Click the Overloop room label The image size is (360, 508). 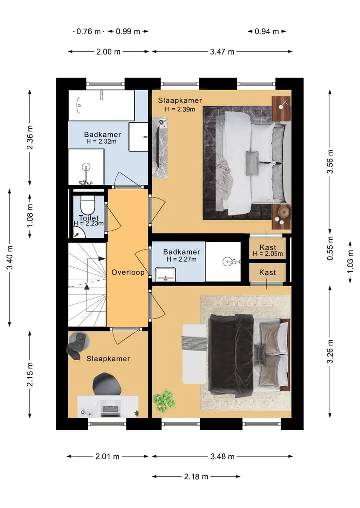pos(128,272)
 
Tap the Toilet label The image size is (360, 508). pos(89,218)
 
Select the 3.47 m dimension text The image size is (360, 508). pos(222,52)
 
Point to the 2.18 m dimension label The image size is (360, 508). pos(196,476)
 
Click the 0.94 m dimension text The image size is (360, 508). pos(267,32)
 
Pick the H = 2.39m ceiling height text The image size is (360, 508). pos(180,109)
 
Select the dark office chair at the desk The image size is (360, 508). pos(107,384)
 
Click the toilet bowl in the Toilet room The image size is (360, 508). pos(87,204)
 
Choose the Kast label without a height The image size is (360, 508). pos(268,272)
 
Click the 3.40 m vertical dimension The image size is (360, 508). pos(10,258)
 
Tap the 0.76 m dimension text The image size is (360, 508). pos(89,32)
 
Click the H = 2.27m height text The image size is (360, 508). pos(181,259)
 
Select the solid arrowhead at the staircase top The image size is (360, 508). pos(102,259)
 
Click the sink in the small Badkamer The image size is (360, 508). pos(165,274)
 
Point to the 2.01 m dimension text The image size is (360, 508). pos(107,457)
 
